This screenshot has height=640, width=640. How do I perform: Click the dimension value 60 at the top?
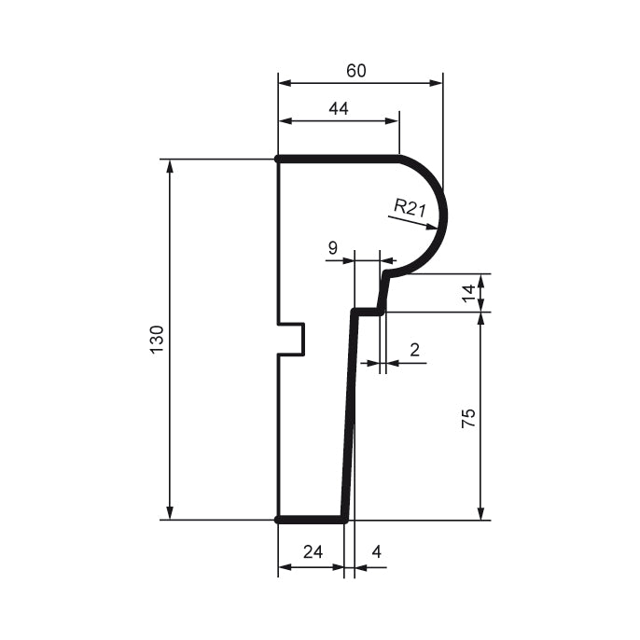point(355,71)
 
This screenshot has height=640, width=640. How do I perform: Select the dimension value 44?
point(338,109)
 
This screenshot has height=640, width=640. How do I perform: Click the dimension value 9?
point(333,247)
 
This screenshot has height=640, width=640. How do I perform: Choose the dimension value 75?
point(469,417)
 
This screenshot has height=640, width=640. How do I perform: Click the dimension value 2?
point(414,350)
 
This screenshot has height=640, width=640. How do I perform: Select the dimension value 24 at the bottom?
point(313,551)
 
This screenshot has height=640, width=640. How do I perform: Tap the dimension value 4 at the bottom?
point(376,551)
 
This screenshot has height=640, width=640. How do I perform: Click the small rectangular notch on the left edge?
point(293,340)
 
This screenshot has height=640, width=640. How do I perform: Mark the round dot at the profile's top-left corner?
point(279,160)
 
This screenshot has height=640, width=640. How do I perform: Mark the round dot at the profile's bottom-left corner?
point(279,520)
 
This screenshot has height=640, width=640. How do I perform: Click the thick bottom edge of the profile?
point(312,520)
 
